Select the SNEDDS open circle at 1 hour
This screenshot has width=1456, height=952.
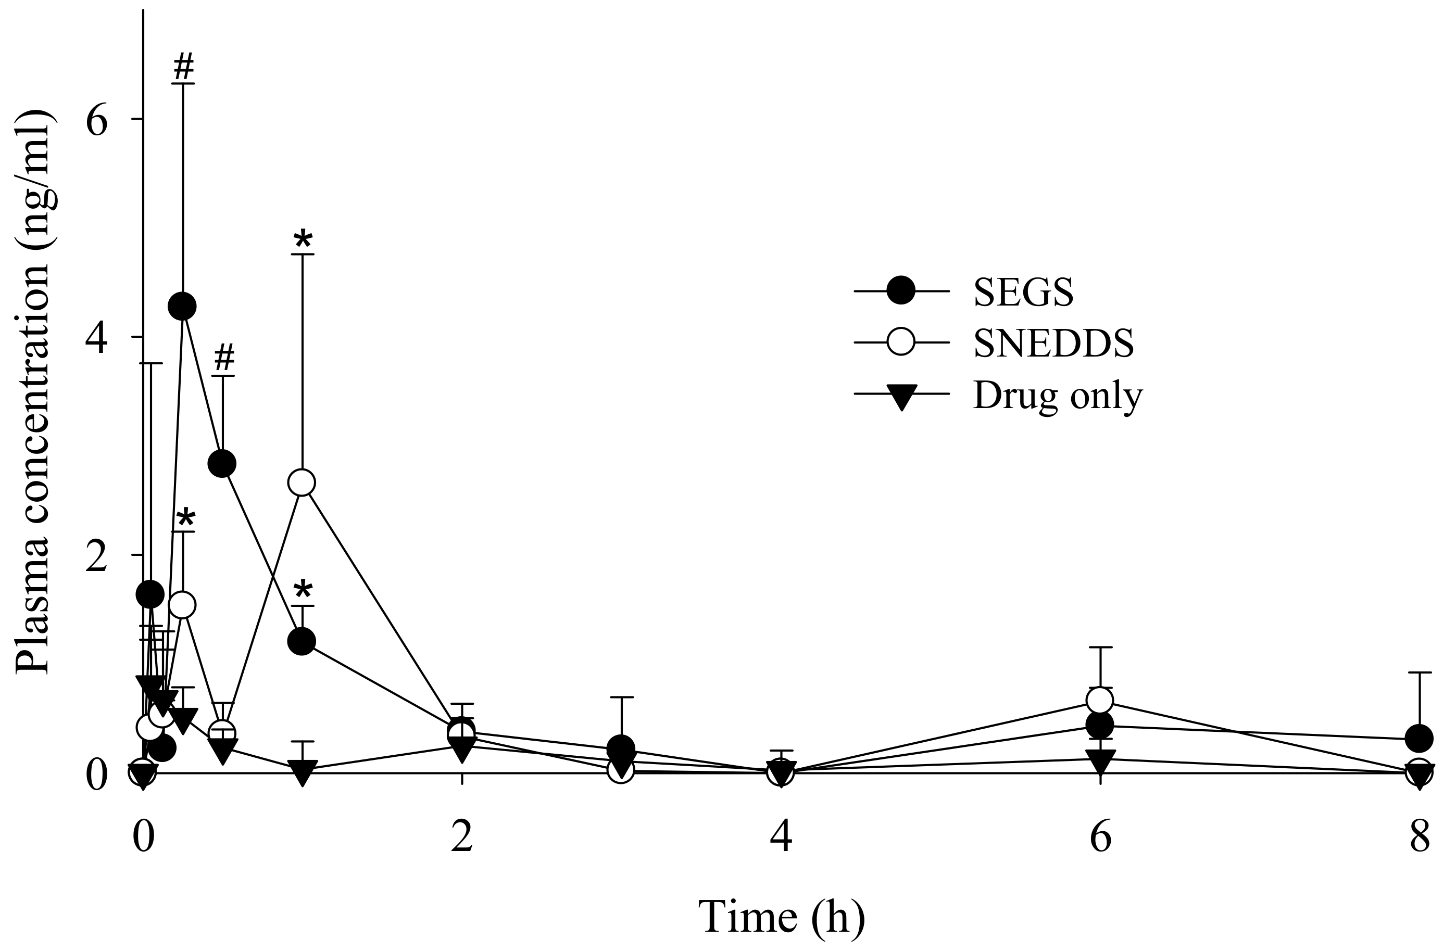click(302, 483)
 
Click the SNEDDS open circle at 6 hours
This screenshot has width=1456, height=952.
click(1100, 700)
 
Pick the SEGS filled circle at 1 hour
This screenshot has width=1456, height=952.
click(302, 641)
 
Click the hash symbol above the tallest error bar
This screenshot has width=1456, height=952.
click(183, 66)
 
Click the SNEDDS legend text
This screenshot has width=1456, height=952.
click(1053, 343)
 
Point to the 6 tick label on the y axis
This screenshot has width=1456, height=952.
click(97, 120)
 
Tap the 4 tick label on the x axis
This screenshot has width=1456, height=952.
click(781, 837)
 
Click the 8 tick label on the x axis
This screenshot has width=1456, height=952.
click(1420, 837)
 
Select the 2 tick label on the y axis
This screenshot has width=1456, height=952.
click(97, 556)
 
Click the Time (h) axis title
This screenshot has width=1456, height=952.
click(781, 917)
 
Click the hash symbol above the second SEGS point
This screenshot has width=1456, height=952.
click(224, 358)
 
